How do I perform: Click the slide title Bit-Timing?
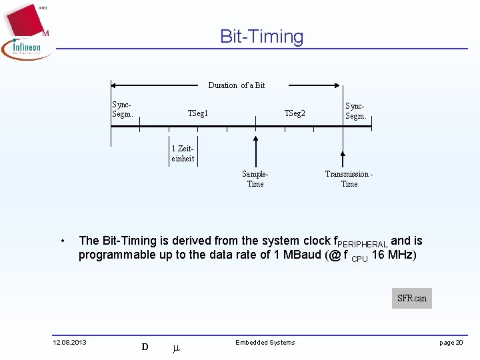pos(261,37)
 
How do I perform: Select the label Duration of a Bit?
pos(236,85)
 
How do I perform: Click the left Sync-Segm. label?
pos(122,109)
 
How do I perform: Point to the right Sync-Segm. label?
pos(355,111)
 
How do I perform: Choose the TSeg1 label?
pos(198,113)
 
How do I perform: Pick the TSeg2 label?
pos(295,113)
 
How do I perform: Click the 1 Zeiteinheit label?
pos(183,154)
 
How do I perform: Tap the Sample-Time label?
pos(255,179)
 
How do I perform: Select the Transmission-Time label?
pos(349,179)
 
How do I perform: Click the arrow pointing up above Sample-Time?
pos(255,153)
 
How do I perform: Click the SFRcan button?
pos(411,298)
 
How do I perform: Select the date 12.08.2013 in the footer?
pos(71,343)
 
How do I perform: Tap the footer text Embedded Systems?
pos(265,343)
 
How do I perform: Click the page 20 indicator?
pos(451,343)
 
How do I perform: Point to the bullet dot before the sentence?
pos(61,241)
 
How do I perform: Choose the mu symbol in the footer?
pos(176,347)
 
